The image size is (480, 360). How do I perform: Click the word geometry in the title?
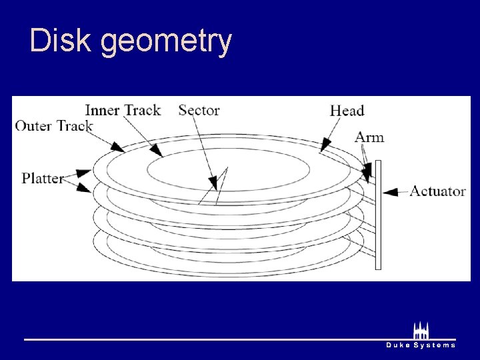point(166,42)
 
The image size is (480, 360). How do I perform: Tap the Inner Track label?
point(123,110)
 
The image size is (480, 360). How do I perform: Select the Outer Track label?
point(54,125)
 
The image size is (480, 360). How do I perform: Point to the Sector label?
point(199,110)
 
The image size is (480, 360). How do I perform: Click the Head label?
point(347,111)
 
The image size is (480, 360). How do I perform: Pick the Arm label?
point(369,137)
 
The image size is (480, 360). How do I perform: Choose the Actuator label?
point(437,191)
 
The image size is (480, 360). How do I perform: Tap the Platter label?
point(42,178)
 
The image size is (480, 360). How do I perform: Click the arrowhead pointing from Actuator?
point(391,192)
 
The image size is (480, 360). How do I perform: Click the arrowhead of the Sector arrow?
point(213,181)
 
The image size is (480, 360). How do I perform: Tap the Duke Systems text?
point(421,345)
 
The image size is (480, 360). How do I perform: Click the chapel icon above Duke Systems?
point(421,330)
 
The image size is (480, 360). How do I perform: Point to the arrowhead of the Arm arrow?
point(366,175)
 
